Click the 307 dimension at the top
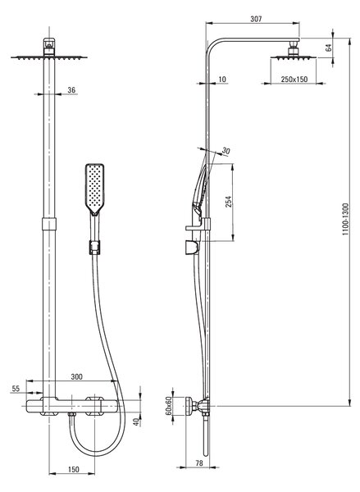point(256,19)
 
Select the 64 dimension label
point(329,48)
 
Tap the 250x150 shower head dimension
point(294,80)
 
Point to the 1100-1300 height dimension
point(345,219)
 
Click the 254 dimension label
point(228,202)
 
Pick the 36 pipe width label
point(71,89)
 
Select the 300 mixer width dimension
point(76,376)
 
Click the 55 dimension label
point(16,389)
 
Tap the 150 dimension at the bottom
point(74,469)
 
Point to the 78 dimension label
point(199,462)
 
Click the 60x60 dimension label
point(169,405)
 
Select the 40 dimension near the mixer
point(136,421)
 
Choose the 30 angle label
point(226,151)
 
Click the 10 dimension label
point(222,79)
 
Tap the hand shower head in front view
point(94,189)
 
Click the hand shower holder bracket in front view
point(94,248)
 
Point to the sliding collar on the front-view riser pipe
point(49,224)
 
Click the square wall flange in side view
point(189,406)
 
